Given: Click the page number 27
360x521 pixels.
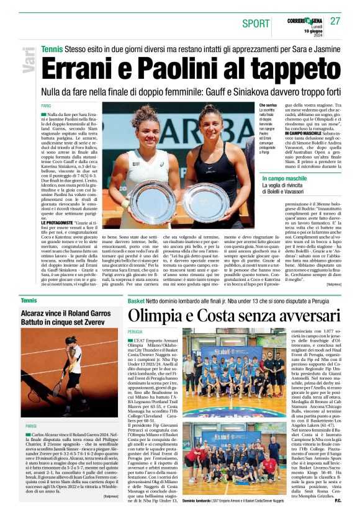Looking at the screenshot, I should click(x=335, y=20).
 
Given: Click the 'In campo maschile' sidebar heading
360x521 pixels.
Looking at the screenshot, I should click(x=284, y=179).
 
